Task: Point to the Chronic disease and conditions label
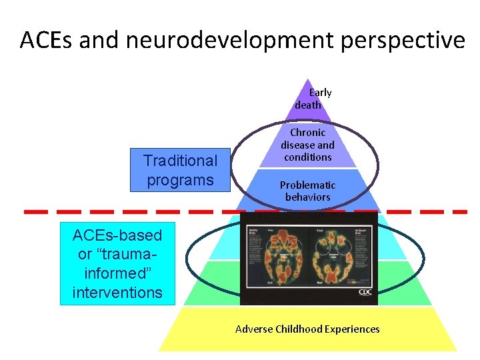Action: pyautogui.click(x=307, y=145)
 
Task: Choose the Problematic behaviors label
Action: pyautogui.click(x=307, y=191)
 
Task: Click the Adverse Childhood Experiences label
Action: pyautogui.click(x=307, y=329)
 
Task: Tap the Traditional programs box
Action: pyautogui.click(x=180, y=169)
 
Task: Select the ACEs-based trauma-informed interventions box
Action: pyautogui.click(x=117, y=263)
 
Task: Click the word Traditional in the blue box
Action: pyautogui.click(x=180, y=161)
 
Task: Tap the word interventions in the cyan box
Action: pyautogui.click(x=117, y=292)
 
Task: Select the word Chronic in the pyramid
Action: pyautogui.click(x=307, y=133)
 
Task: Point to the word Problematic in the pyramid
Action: pyautogui.click(x=307, y=185)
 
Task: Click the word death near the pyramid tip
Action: pyautogui.click(x=308, y=105)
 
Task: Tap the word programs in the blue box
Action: pyautogui.click(x=180, y=180)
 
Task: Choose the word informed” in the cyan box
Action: pyautogui.click(x=117, y=273)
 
